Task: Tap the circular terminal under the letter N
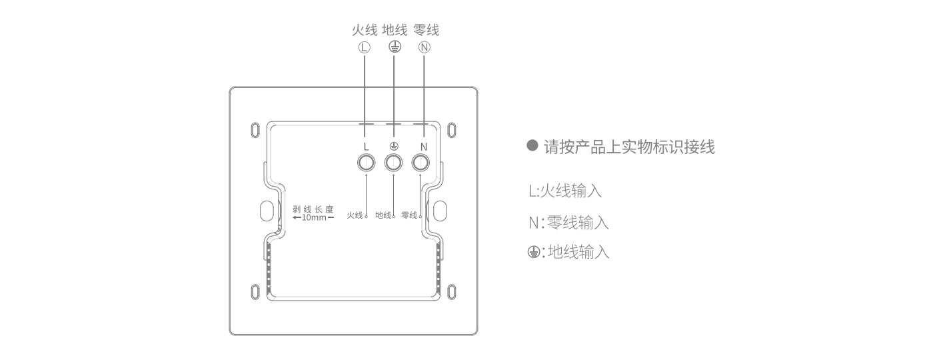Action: click(421, 163)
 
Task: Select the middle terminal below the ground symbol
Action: click(393, 163)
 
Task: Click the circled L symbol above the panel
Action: click(364, 47)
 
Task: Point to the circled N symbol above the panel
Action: click(425, 47)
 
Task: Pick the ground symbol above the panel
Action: click(395, 47)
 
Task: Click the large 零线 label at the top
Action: click(426, 30)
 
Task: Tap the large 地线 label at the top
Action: click(395, 30)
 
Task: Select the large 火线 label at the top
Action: click(364, 30)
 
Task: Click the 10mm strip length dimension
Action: click(313, 218)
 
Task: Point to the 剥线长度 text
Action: click(313, 209)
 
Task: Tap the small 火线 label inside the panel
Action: click(355, 215)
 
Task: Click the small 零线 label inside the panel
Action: click(409, 215)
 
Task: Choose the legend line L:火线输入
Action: click(564, 191)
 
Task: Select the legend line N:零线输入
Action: click(568, 222)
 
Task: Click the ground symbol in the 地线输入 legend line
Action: click(532, 253)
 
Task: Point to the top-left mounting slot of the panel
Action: click(255, 128)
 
